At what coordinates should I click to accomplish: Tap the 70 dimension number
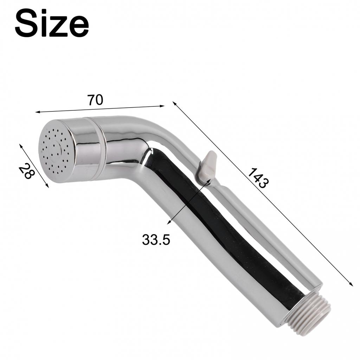coord(95,100)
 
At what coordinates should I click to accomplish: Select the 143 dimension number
coord(258,178)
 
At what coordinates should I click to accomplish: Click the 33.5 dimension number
coord(156,240)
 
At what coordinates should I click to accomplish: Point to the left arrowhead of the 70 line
coord(37,112)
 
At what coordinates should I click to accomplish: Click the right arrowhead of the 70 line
coord(163,105)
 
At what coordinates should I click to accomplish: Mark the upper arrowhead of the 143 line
coord(174,103)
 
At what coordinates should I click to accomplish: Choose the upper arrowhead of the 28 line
coord(21,145)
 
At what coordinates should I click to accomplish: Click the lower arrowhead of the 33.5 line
coord(168,222)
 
